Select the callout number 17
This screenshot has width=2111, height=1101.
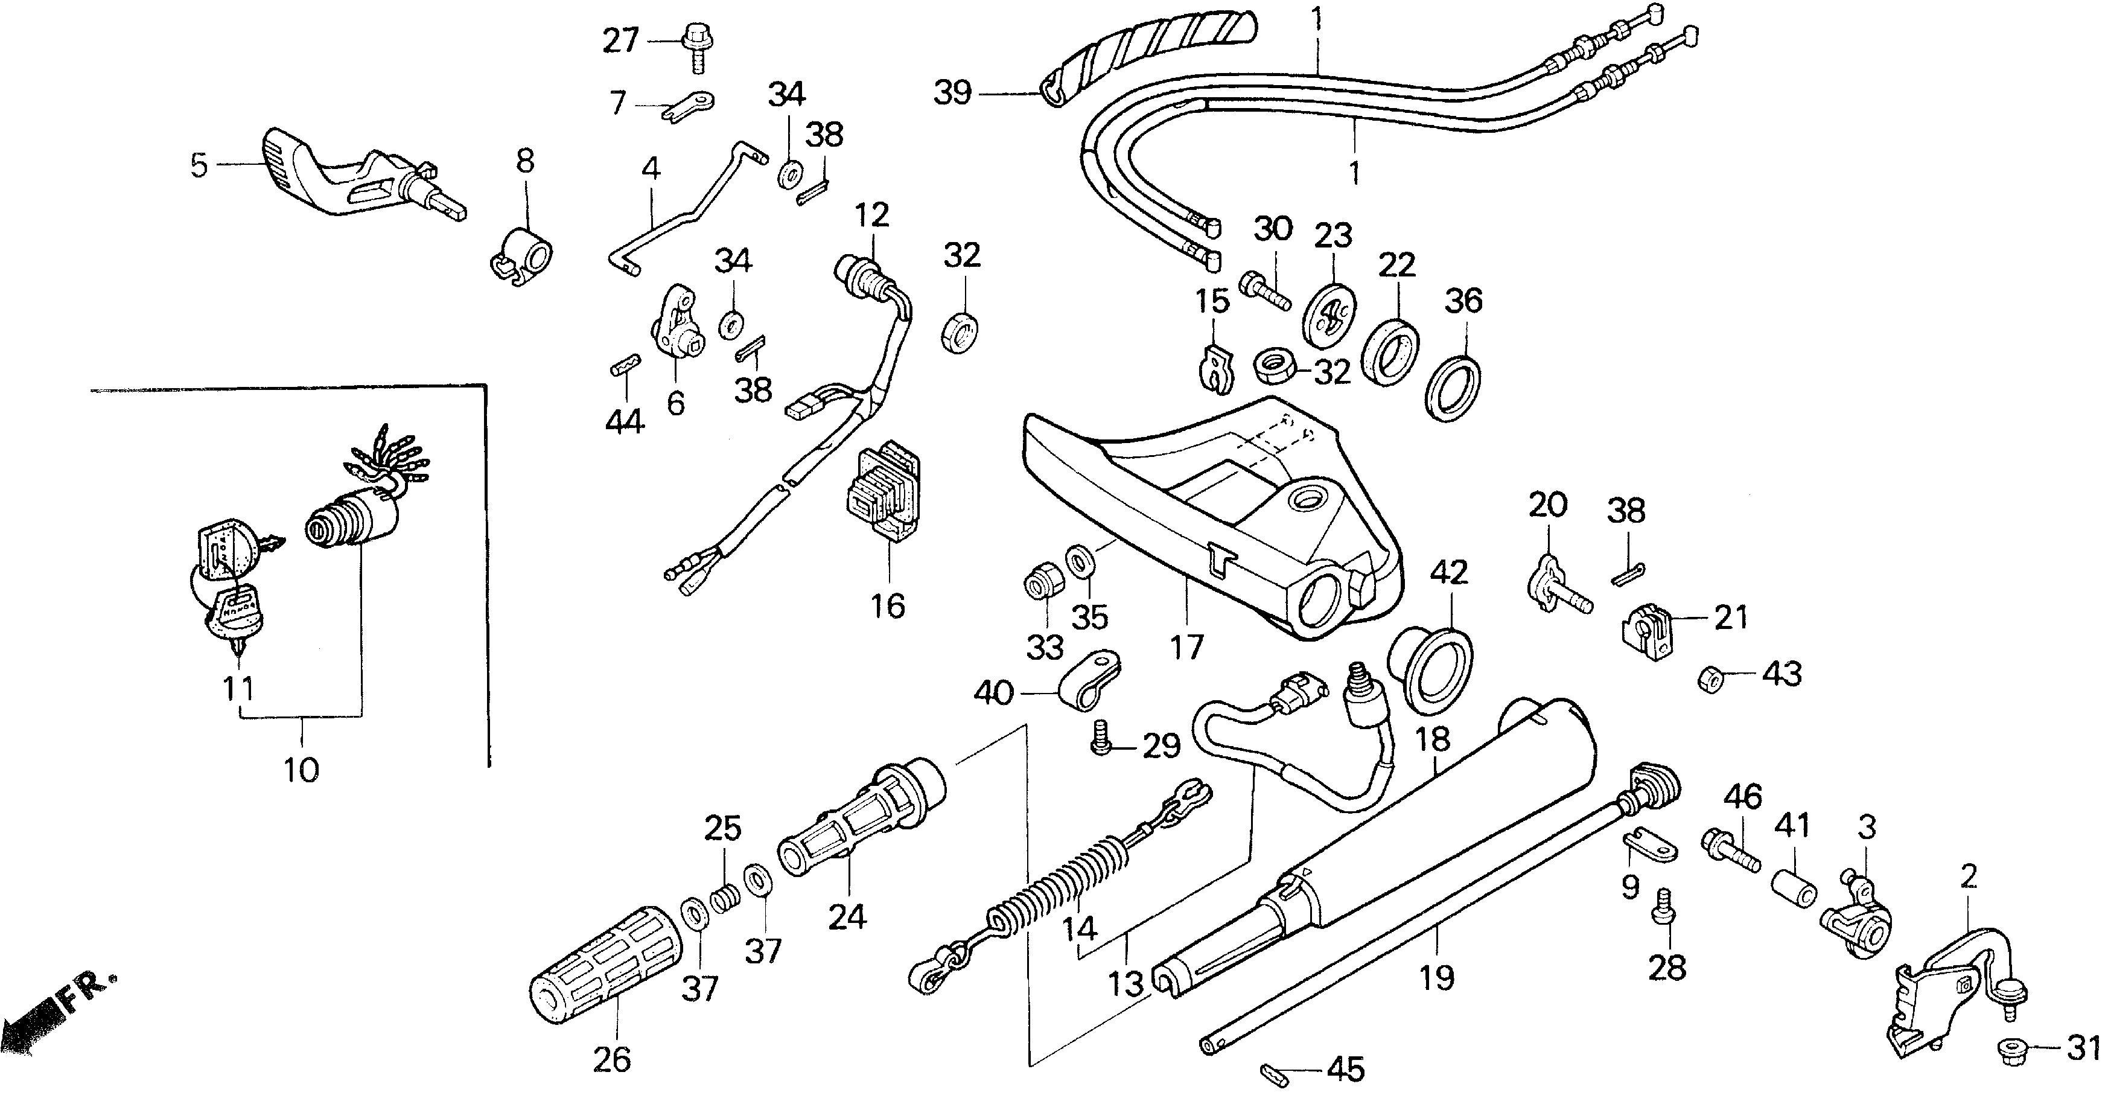coord(1186,648)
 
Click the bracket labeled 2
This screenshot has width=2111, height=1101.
coord(1942,996)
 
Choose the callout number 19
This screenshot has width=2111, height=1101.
coord(1436,978)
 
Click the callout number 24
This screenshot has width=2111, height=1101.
coord(847,916)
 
